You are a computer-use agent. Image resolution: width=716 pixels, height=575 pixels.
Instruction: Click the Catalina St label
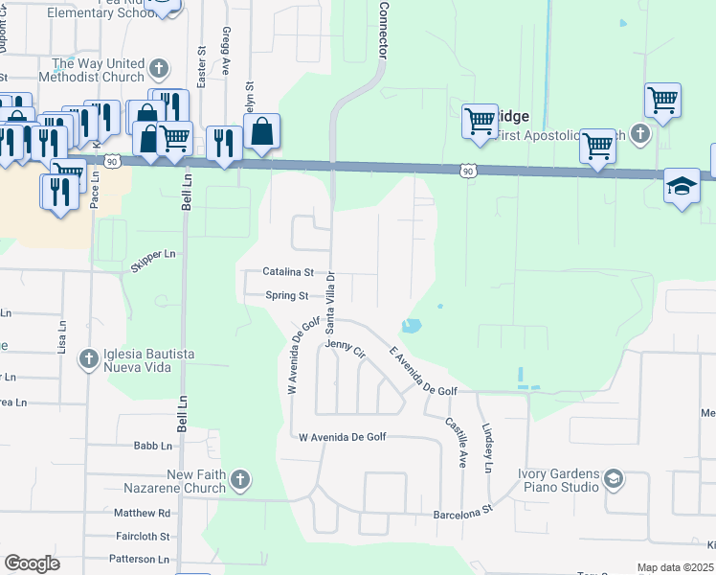288,272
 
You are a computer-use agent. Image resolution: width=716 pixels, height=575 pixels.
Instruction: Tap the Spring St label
287,296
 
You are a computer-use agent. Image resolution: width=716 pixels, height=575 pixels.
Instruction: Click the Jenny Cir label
346,349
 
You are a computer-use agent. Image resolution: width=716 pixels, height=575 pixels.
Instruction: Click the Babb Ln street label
153,446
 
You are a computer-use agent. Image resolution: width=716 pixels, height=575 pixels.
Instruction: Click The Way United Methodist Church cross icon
159,69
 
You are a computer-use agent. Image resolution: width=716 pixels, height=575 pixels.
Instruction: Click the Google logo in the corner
32,563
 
